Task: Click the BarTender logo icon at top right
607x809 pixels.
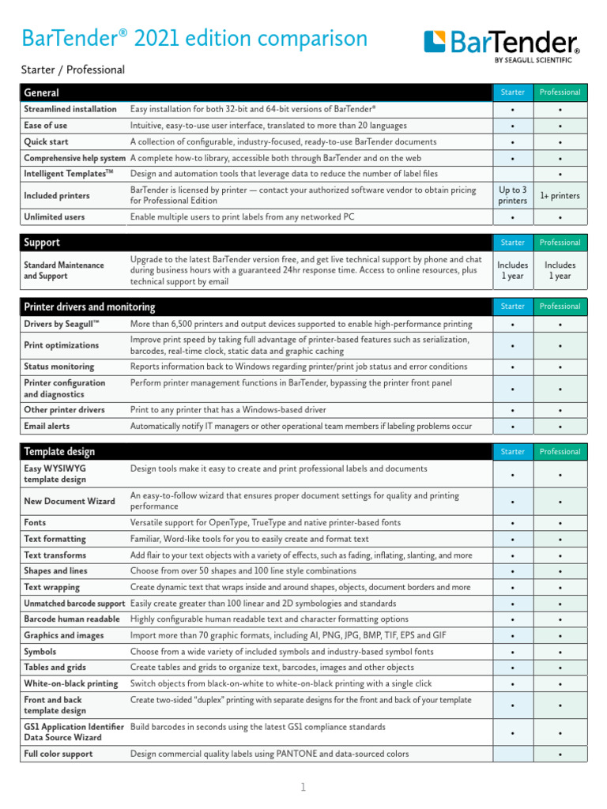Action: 436,42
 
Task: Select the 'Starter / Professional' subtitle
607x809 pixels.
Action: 73,70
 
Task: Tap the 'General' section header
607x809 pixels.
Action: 42,92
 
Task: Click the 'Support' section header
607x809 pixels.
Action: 42,243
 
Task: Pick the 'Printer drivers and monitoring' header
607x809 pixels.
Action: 89,307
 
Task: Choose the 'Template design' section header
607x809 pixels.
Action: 59,452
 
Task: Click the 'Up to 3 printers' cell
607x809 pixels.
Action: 513,195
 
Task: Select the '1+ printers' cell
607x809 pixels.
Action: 560,195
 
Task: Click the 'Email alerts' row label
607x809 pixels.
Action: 47,426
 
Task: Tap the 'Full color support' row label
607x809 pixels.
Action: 58,754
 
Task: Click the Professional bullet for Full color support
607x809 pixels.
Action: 560,754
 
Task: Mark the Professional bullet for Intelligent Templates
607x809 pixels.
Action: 560,174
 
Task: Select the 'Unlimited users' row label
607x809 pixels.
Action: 55,216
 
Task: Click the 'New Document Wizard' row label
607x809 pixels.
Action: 70,501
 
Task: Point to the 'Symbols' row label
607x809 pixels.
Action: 40,651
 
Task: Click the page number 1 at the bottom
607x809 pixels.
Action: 303,787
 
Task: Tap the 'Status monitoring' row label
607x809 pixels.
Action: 58,367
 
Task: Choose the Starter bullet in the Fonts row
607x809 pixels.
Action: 513,523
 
